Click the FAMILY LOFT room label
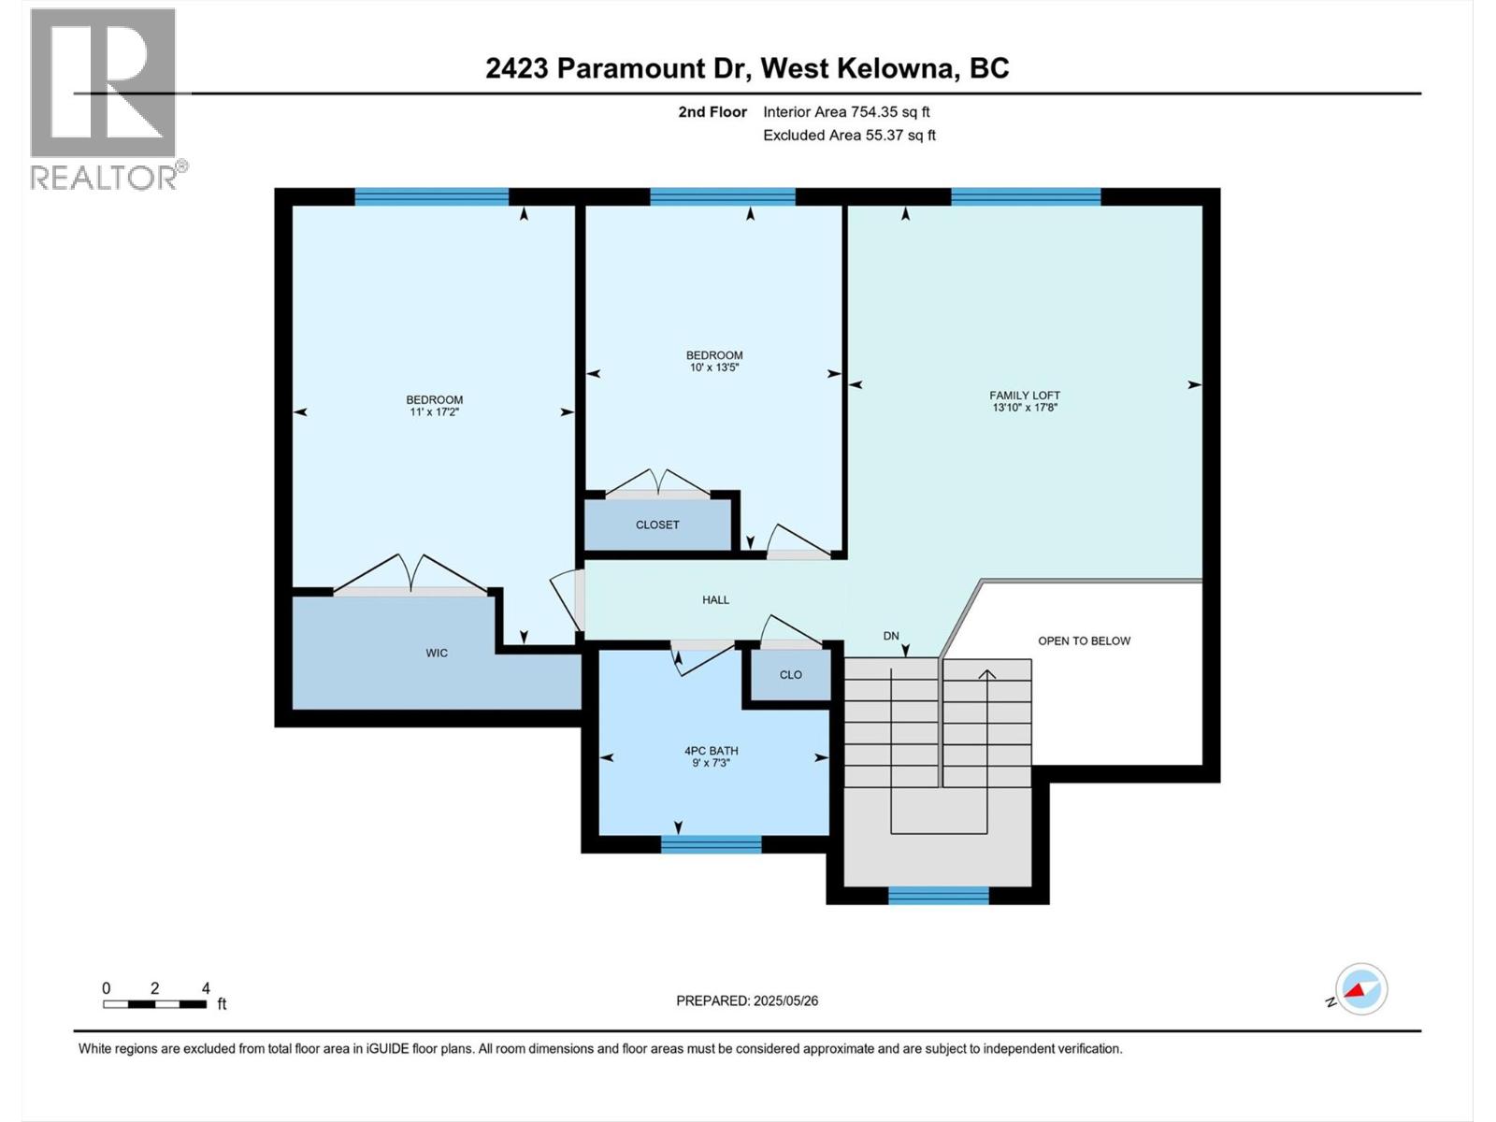pyautogui.click(x=1025, y=396)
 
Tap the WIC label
pyautogui.click(x=437, y=653)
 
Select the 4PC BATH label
pyautogui.click(x=711, y=751)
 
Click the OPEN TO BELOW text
pyautogui.click(x=1084, y=640)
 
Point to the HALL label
pyautogui.click(x=715, y=600)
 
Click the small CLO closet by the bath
pyautogui.click(x=790, y=674)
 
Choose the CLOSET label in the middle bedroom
pyautogui.click(x=657, y=525)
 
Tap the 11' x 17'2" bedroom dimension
pyautogui.click(x=434, y=412)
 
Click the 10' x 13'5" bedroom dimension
pyautogui.click(x=714, y=367)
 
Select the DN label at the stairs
pyautogui.click(x=891, y=636)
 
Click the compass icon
pyautogui.click(x=1361, y=989)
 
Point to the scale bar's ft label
pyautogui.click(x=222, y=1004)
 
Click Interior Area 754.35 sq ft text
pyautogui.click(x=846, y=112)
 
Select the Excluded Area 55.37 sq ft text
pyautogui.click(x=849, y=136)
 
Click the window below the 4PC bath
pyautogui.click(x=711, y=844)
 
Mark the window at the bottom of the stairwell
pyautogui.click(x=938, y=896)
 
